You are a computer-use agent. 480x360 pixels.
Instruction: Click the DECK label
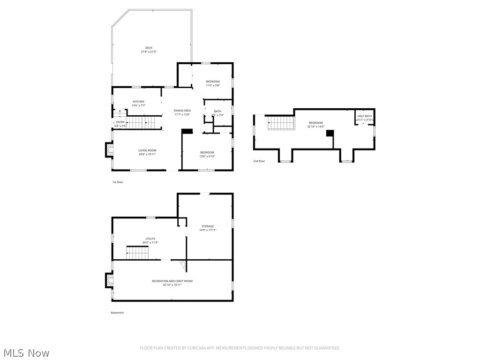pos(149,48)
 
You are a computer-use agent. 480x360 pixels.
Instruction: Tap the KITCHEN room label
pos(138,102)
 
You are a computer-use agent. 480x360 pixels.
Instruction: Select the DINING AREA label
pos(182,111)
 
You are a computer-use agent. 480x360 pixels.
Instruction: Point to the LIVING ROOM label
pos(147,150)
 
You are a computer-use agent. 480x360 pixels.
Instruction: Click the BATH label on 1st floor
pos(217,111)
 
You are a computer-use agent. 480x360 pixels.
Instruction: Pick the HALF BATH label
pos(365,116)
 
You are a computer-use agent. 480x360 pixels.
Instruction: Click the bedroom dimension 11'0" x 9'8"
pos(212,85)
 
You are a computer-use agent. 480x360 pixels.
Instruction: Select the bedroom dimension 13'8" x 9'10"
pos(207,156)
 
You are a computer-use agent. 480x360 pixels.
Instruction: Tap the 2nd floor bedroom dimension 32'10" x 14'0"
pos(315,127)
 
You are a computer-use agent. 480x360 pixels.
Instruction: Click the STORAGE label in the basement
pos(208,226)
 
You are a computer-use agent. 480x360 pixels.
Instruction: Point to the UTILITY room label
pos(150,239)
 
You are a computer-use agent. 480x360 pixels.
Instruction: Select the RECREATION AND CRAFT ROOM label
pos(172,281)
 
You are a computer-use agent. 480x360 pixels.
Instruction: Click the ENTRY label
pos(120,122)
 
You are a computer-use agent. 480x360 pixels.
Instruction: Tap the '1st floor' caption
pos(117,182)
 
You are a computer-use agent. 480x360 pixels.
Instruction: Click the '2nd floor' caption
pos(259,161)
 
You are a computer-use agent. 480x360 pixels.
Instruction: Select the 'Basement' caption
pos(117,313)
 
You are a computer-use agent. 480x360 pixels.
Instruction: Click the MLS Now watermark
pos(26,352)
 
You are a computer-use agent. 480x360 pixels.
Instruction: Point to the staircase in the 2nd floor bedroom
pos(281,123)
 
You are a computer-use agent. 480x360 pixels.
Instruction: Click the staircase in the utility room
pos(137,253)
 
